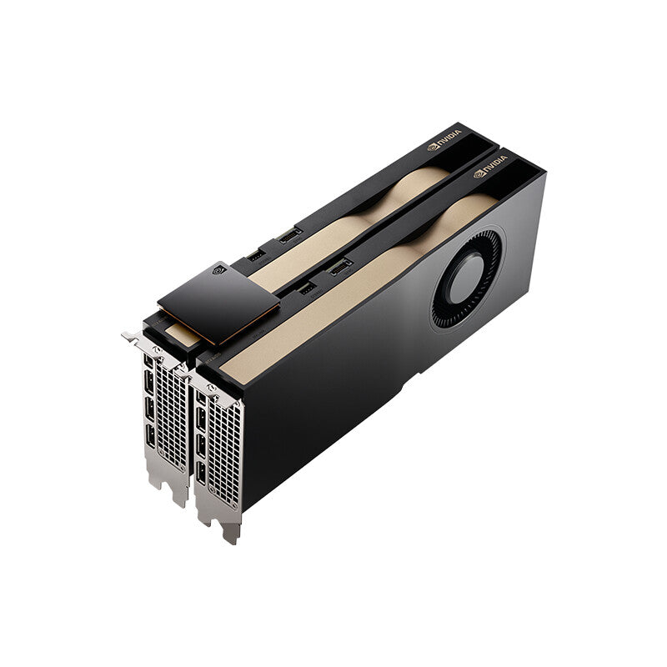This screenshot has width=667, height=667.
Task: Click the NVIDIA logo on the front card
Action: tap(491, 173)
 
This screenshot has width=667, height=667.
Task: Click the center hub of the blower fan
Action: tap(468, 278)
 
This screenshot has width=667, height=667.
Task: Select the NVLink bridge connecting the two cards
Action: tap(218, 303)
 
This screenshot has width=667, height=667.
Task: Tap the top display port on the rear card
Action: tap(149, 365)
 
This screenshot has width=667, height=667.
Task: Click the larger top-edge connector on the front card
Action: tap(340, 267)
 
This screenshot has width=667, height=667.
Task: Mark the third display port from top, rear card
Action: tap(150, 412)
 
